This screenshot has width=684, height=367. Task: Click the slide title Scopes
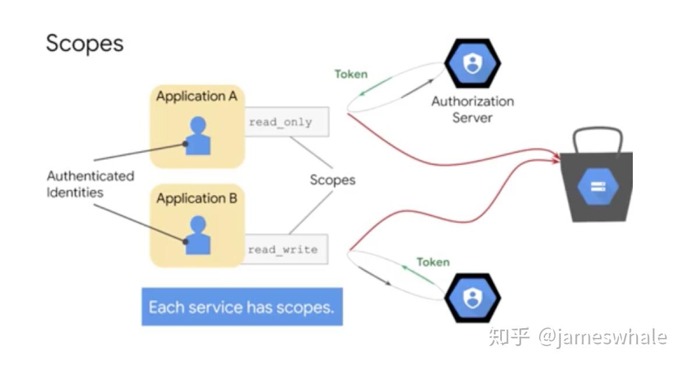click(85, 44)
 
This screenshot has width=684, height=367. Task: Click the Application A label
click(197, 96)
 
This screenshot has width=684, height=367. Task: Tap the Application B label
click(197, 199)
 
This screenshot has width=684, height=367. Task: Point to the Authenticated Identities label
click(90, 184)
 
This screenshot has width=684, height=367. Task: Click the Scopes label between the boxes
click(332, 180)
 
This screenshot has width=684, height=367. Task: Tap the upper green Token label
click(351, 74)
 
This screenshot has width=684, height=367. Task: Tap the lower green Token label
click(433, 262)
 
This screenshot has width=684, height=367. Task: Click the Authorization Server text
click(472, 109)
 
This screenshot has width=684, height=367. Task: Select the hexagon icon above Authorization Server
click(472, 63)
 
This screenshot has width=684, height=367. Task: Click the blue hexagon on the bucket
click(598, 187)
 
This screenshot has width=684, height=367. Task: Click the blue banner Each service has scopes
click(242, 307)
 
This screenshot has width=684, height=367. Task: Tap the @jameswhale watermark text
click(603, 337)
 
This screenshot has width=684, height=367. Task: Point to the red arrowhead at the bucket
click(556, 157)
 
